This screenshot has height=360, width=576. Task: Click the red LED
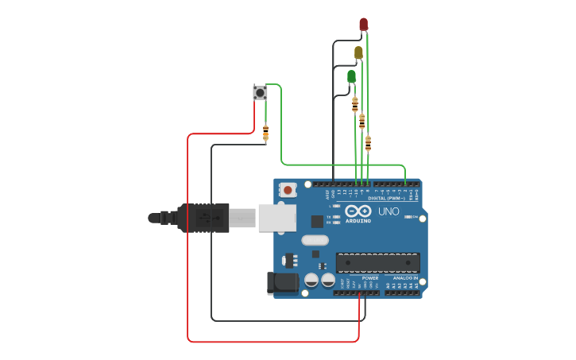point(363,25)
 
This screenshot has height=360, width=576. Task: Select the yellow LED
point(358,53)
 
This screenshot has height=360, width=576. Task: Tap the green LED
point(351,76)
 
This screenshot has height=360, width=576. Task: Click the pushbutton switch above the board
point(260,93)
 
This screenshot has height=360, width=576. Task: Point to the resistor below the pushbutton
point(265,133)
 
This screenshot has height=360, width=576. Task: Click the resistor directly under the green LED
point(355,104)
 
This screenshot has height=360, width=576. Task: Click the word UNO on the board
point(389,211)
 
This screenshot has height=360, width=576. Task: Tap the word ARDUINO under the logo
point(358,221)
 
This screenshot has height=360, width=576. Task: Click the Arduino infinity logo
point(358,211)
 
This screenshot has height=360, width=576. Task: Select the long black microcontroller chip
point(377,263)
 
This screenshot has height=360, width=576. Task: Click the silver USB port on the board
point(276,218)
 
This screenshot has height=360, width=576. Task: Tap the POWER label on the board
point(369,278)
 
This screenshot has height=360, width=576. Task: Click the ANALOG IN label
point(405,278)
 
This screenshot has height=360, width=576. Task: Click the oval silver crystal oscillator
point(315,240)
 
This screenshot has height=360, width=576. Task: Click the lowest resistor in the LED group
point(368,143)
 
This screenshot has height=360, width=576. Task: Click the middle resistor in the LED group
point(361,122)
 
